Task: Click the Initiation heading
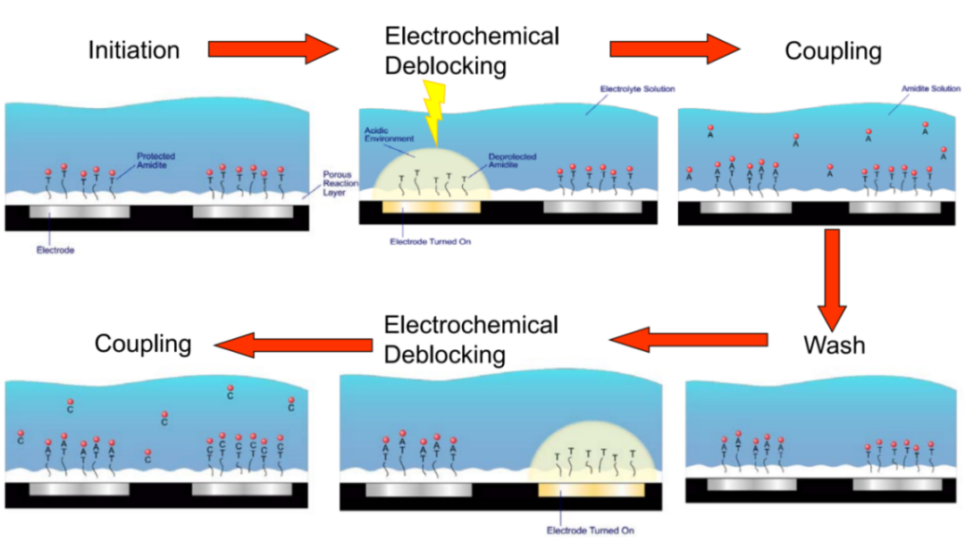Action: (133, 50)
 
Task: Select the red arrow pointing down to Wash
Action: (833, 278)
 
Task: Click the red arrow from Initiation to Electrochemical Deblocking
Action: (271, 48)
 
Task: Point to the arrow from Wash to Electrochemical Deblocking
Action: (688, 339)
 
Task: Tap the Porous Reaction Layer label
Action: (340, 183)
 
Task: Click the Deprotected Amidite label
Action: (512, 161)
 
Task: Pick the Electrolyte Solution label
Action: (637, 89)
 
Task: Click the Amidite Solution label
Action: (931, 89)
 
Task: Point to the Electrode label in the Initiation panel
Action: (55, 250)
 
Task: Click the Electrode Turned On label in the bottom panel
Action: (591, 530)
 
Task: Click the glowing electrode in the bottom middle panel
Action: (591, 490)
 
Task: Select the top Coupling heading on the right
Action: (833, 51)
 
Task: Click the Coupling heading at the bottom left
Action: (143, 344)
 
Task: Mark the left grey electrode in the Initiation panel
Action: (80, 212)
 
